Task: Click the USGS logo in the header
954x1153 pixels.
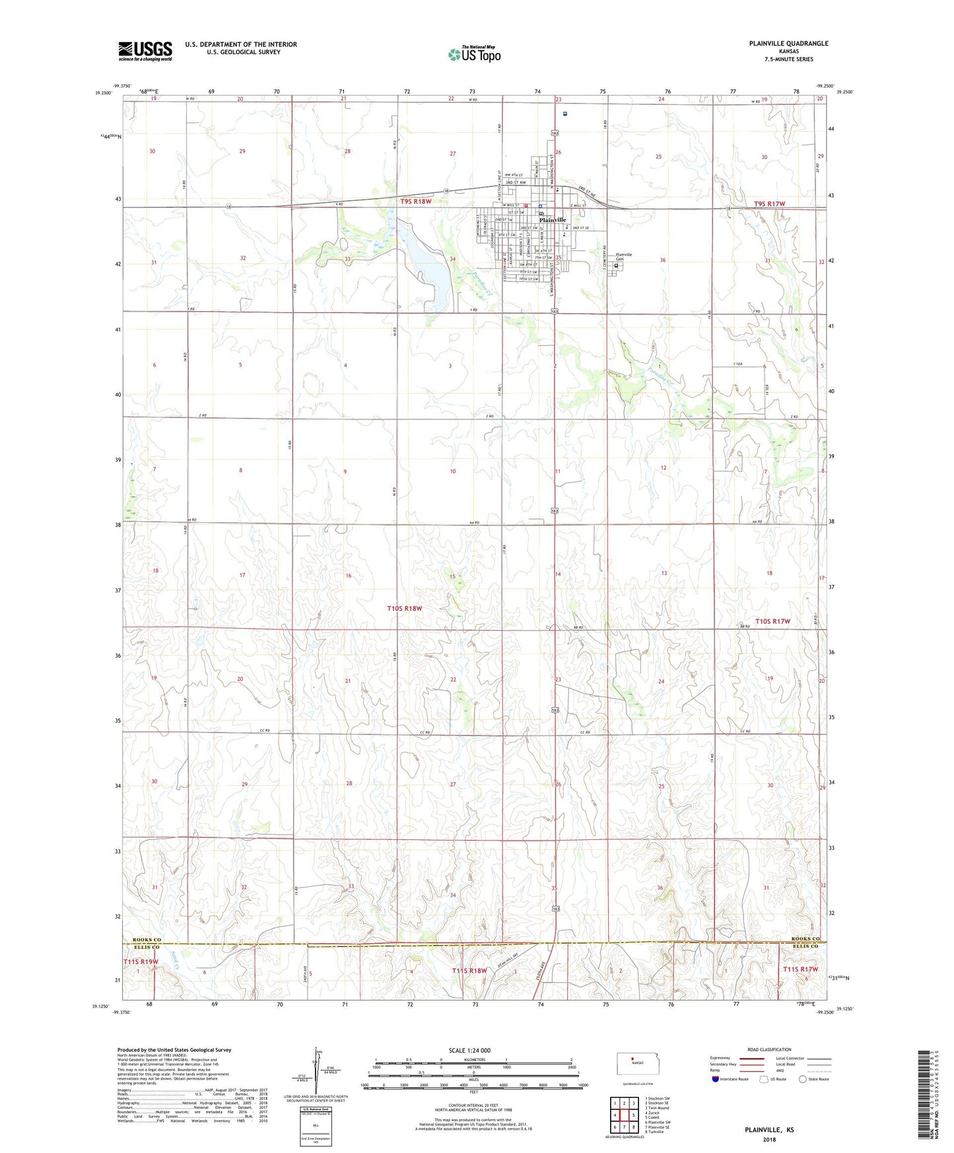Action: pyautogui.click(x=145, y=51)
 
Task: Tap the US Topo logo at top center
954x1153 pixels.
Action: pyautogui.click(x=473, y=54)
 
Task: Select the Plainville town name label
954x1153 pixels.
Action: pyautogui.click(x=553, y=220)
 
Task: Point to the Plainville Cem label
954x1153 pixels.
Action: pyautogui.click(x=623, y=257)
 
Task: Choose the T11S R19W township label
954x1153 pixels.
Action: pyautogui.click(x=141, y=961)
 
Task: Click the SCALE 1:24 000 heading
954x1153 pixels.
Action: pyautogui.click(x=469, y=1051)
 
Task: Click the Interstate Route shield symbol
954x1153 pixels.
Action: pyautogui.click(x=716, y=1079)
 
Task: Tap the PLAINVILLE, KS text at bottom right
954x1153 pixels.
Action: pyautogui.click(x=769, y=1130)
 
